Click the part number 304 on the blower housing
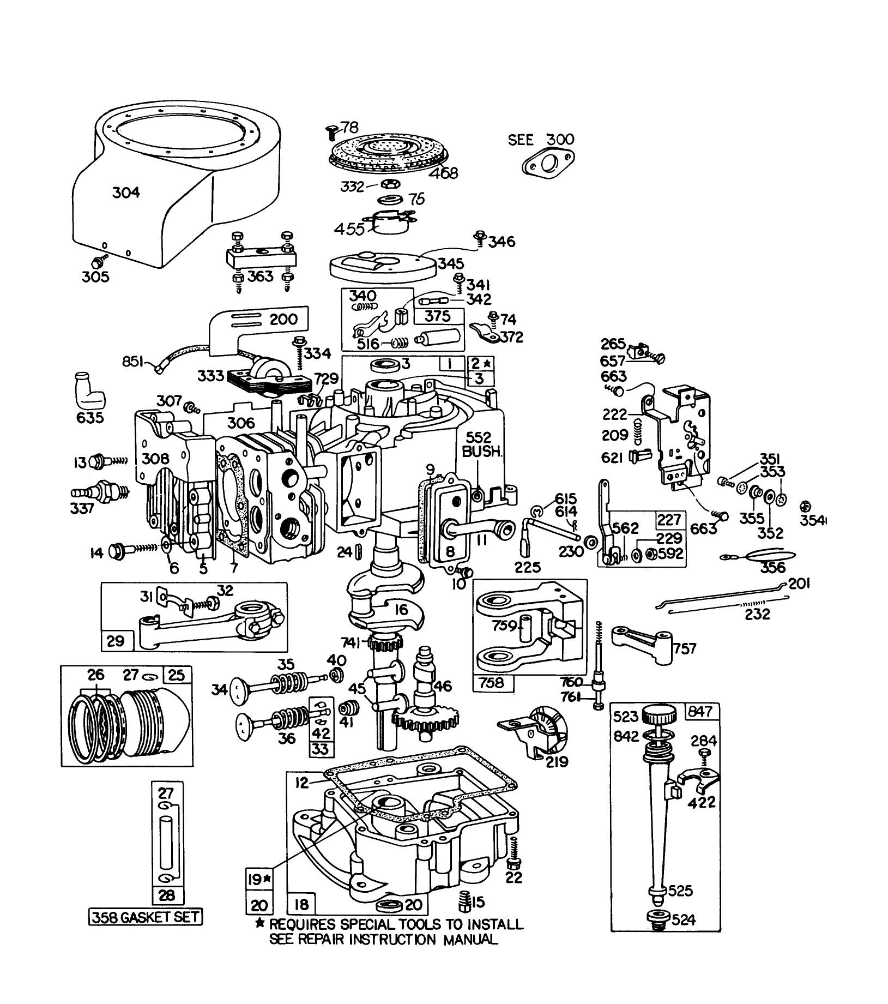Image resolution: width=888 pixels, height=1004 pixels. tap(126, 193)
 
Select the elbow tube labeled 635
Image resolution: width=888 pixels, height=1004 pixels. tap(89, 393)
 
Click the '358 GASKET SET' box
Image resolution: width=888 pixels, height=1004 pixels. tap(146, 917)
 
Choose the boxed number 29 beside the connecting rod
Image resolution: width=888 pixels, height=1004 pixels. tap(115, 641)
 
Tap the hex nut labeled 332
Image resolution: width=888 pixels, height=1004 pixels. tap(389, 183)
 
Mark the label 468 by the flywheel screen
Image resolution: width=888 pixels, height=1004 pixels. tap(443, 173)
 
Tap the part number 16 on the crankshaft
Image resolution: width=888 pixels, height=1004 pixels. tap(401, 609)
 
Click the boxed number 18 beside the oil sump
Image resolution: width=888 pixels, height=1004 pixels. tap(301, 905)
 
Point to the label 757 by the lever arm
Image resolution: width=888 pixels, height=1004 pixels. tap(685, 648)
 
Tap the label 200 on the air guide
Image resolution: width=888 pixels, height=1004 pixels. tap(283, 319)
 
